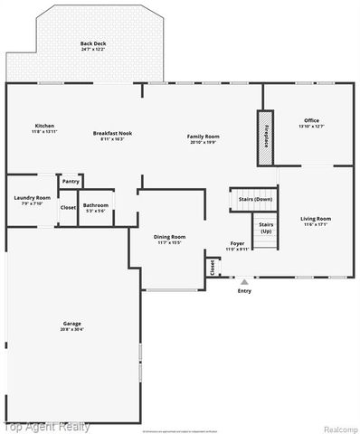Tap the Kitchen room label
pos(43,126)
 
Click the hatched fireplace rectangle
pos(263,138)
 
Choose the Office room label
pos(311,120)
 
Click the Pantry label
pos(71,182)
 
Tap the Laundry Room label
pos(30,199)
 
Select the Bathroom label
pos(96,205)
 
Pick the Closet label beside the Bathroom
pos(68,207)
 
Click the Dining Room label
pos(169,237)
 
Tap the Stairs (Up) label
pos(265,227)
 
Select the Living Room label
pos(316,218)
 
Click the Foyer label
pos(236,244)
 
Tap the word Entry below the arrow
pos(244,290)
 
